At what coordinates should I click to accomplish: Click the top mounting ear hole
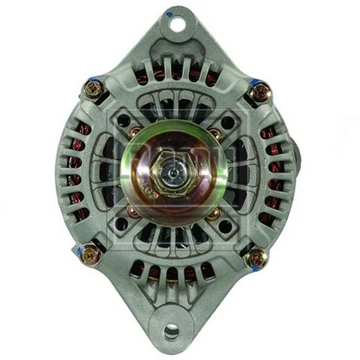(178, 23)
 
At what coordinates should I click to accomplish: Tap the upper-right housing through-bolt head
(259, 92)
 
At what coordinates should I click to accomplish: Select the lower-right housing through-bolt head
(256, 259)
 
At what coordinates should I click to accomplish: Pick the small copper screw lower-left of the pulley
(132, 212)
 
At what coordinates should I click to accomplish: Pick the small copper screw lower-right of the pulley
(213, 214)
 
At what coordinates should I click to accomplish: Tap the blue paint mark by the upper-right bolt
(253, 81)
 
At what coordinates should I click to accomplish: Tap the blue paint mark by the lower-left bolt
(78, 247)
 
